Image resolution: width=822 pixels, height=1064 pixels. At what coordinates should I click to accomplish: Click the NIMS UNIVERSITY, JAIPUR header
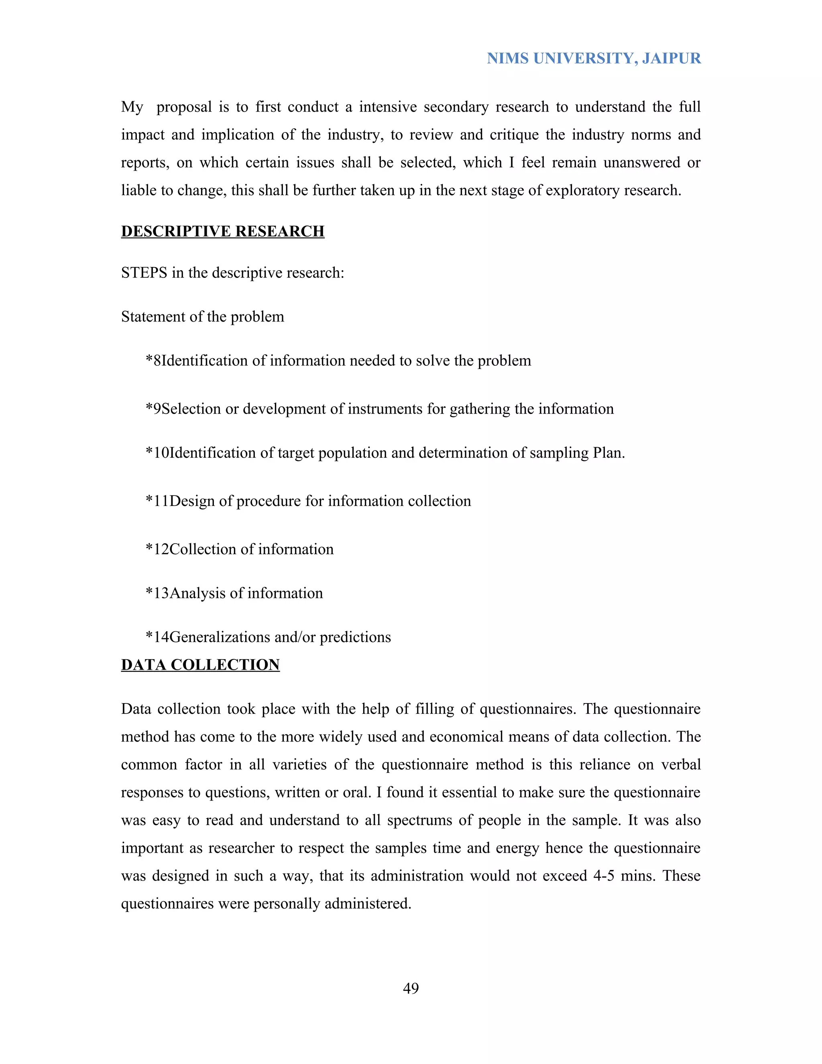[x=594, y=59]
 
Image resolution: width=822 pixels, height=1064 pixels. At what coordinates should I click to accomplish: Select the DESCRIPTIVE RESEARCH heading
[x=222, y=231]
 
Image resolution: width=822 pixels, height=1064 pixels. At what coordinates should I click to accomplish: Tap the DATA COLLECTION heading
[x=200, y=664]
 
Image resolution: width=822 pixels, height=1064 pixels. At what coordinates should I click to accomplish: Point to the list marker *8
[x=153, y=361]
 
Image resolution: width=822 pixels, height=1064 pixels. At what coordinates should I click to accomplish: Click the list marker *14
[x=157, y=637]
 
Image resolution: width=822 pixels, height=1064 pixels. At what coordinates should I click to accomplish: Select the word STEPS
[x=144, y=273]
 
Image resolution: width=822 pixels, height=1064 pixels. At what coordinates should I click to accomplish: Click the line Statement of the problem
[x=203, y=317]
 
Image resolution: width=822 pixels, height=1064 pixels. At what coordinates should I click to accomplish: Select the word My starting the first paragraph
[x=132, y=107]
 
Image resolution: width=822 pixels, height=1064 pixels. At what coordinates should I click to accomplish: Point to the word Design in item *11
[x=192, y=501]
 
